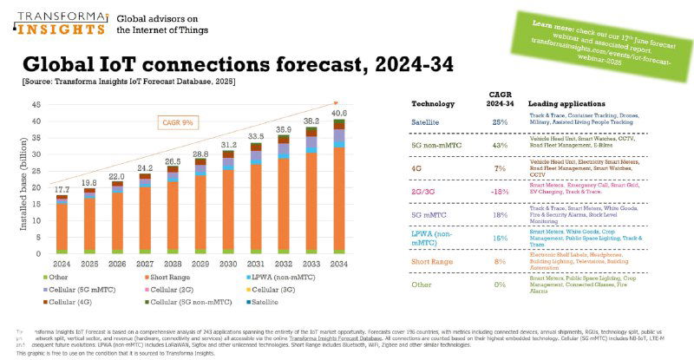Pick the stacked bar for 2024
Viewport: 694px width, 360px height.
point(62,226)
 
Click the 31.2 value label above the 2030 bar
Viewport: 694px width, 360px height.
point(231,144)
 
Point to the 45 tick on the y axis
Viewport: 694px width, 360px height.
point(36,105)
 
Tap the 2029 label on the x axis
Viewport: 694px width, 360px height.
point(200,264)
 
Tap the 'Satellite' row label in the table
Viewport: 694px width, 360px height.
point(427,121)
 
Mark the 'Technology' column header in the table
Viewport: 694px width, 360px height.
point(432,102)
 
